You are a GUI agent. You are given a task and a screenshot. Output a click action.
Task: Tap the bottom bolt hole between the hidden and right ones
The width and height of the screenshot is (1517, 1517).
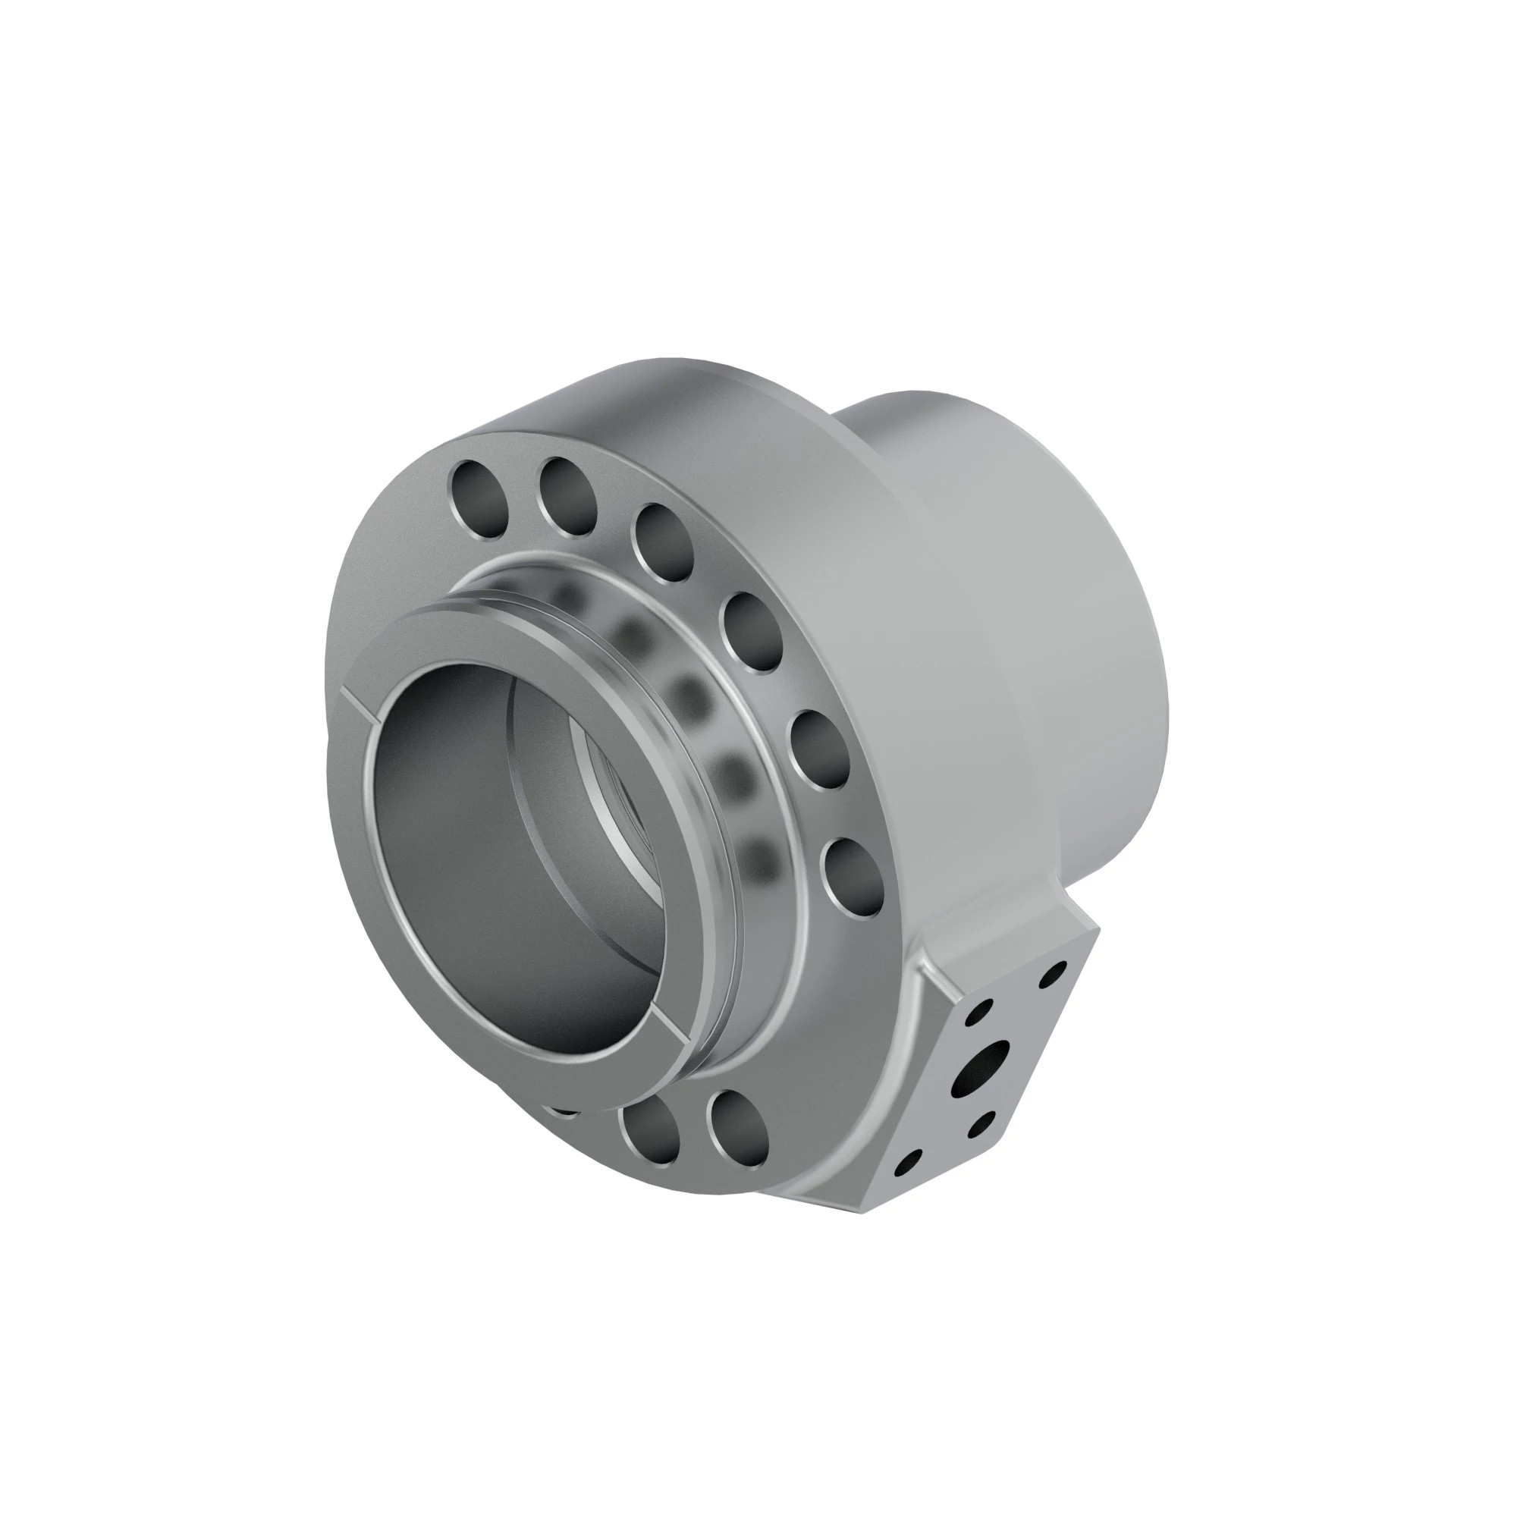tap(649, 1133)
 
